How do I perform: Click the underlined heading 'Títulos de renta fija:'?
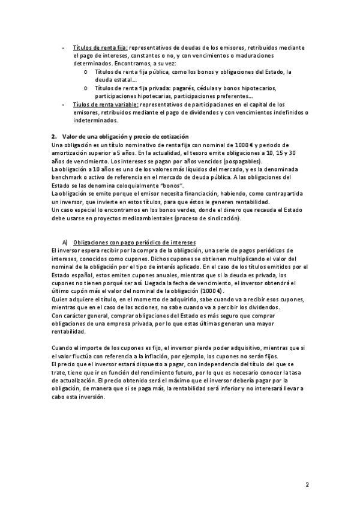tap(100, 47)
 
